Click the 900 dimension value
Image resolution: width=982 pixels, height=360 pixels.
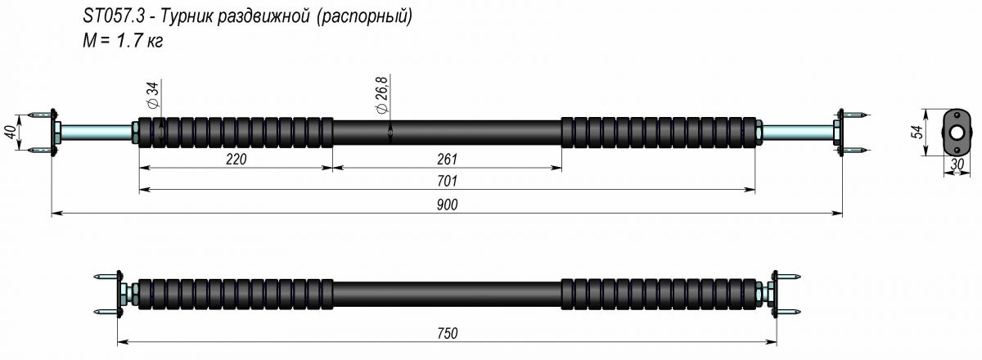point(448,205)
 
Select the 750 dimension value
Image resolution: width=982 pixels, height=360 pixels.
point(448,333)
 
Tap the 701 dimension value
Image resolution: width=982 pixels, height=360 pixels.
point(448,181)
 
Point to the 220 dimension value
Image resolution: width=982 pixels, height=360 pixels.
point(236,159)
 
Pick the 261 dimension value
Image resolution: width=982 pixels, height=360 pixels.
point(448,159)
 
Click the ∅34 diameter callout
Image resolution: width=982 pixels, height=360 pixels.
point(152,97)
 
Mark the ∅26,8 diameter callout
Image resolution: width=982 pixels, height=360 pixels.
point(381,95)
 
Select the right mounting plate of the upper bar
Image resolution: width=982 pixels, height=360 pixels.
point(839,132)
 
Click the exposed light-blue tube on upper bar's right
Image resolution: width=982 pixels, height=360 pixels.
point(798,132)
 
